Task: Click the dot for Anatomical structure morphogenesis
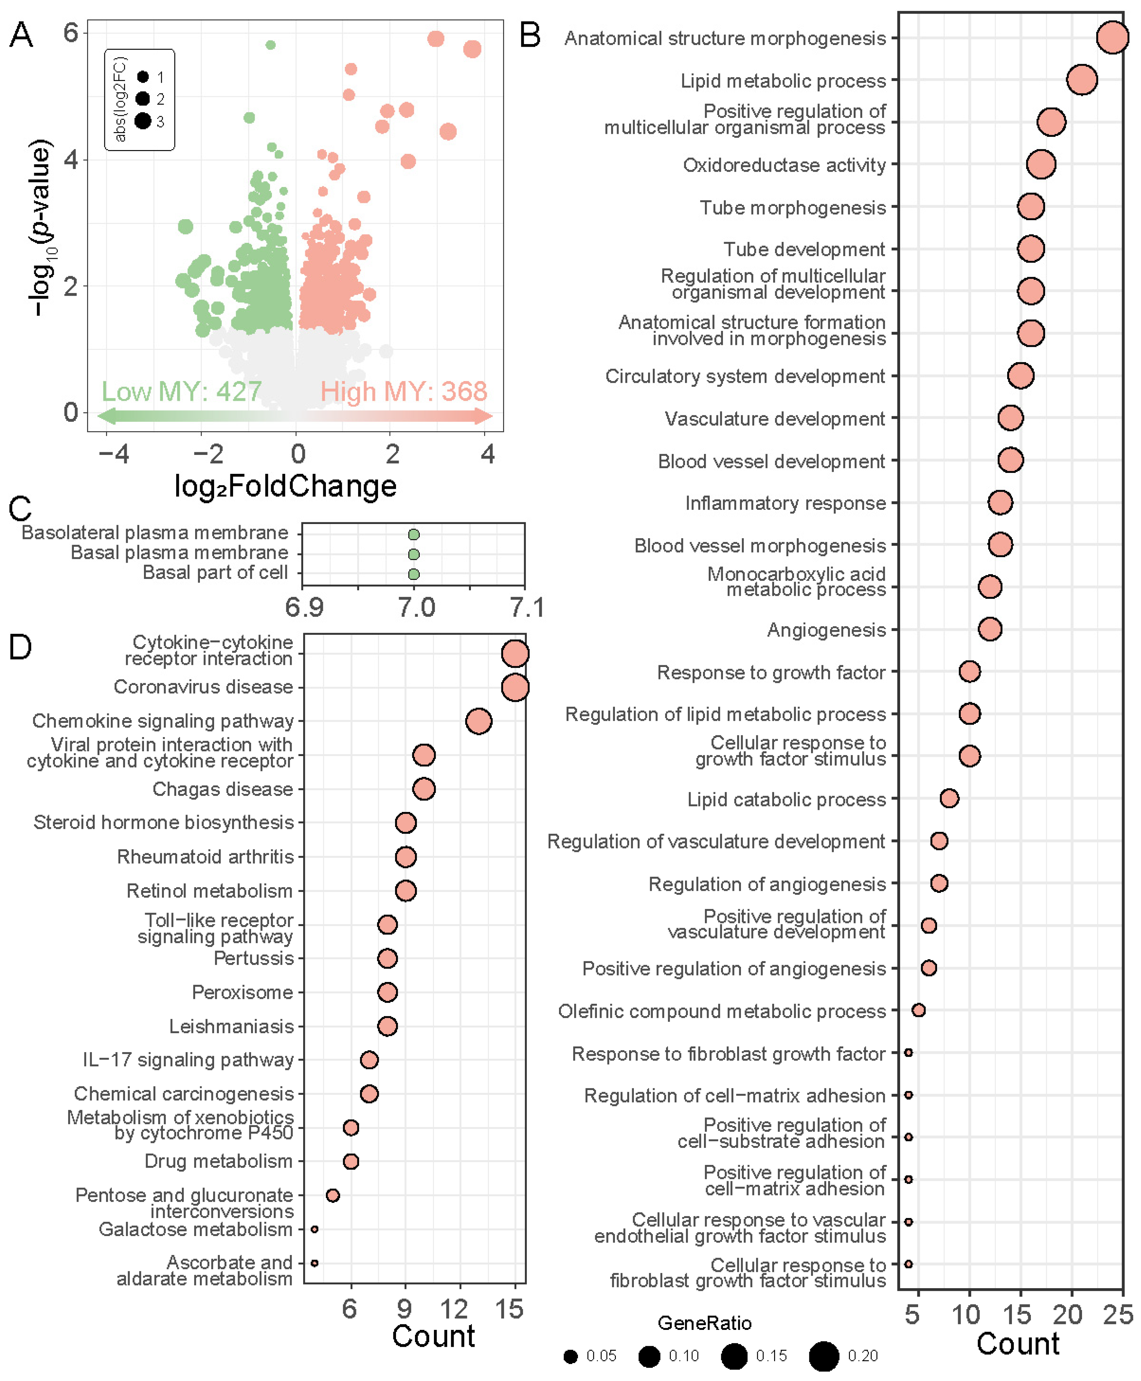coord(1112,38)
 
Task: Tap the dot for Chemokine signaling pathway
coord(478,721)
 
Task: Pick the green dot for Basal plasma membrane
coord(413,554)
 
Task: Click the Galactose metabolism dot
coord(315,1229)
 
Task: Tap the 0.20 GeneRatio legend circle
coord(824,1355)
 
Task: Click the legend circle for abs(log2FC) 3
coord(143,121)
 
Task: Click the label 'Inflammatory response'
coord(785,503)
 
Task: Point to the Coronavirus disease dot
coord(515,687)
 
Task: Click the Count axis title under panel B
coord(1017,1343)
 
